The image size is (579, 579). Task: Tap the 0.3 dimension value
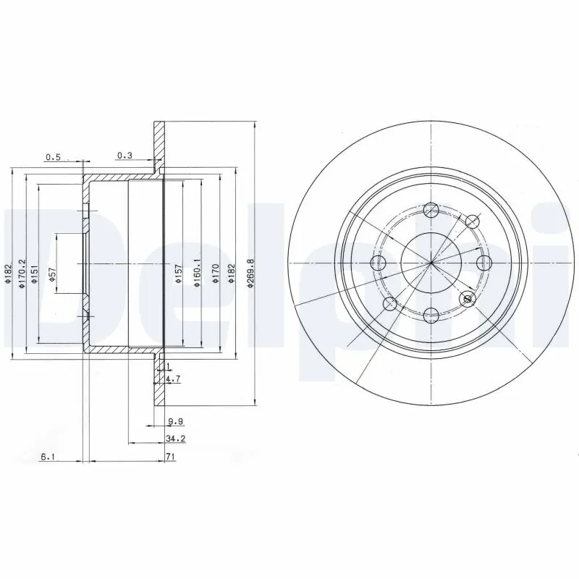(124, 156)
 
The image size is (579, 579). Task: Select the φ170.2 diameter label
(22, 273)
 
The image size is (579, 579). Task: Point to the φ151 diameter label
(33, 274)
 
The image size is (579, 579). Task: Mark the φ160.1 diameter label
(196, 274)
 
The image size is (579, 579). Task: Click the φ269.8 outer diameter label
(250, 273)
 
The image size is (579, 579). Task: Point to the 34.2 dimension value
(172, 439)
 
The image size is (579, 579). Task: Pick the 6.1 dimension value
(48, 457)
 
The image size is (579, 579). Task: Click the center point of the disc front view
(431, 262)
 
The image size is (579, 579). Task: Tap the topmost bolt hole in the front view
(431, 210)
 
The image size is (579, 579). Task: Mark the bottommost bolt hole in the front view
(431, 314)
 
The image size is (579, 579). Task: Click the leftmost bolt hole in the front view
(379, 262)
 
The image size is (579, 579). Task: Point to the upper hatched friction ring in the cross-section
(158, 145)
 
